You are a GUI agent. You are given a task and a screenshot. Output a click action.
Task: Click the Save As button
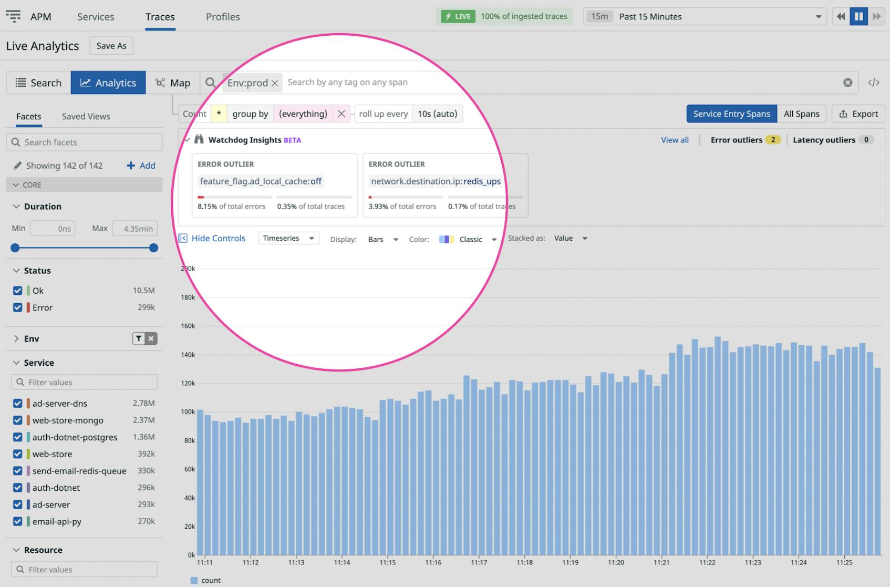111,46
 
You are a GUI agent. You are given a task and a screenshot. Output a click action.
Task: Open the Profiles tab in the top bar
223,17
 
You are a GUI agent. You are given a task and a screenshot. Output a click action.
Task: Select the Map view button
173,83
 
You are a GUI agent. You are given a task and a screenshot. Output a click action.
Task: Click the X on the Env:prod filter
274,83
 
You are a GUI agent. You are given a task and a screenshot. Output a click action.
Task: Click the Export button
858,114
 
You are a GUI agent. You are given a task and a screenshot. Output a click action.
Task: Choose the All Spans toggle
801,114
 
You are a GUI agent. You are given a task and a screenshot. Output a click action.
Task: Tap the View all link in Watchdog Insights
675,140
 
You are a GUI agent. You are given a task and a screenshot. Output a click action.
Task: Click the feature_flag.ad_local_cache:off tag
261,181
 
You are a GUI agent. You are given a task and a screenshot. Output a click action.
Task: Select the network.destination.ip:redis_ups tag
436,181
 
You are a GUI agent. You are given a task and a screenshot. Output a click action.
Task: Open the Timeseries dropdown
288,238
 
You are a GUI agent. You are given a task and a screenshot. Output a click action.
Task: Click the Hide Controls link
218,238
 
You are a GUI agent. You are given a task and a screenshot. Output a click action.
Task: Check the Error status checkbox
18,307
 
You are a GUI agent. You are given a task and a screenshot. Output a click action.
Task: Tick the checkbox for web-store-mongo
18,420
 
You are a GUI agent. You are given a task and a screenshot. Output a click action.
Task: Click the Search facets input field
84,142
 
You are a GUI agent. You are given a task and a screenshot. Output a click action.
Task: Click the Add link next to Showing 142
141,166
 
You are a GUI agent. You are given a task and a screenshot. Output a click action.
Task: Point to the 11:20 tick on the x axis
616,562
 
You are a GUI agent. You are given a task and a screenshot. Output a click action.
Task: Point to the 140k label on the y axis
188,355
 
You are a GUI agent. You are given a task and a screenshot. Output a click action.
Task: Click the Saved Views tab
86,117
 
